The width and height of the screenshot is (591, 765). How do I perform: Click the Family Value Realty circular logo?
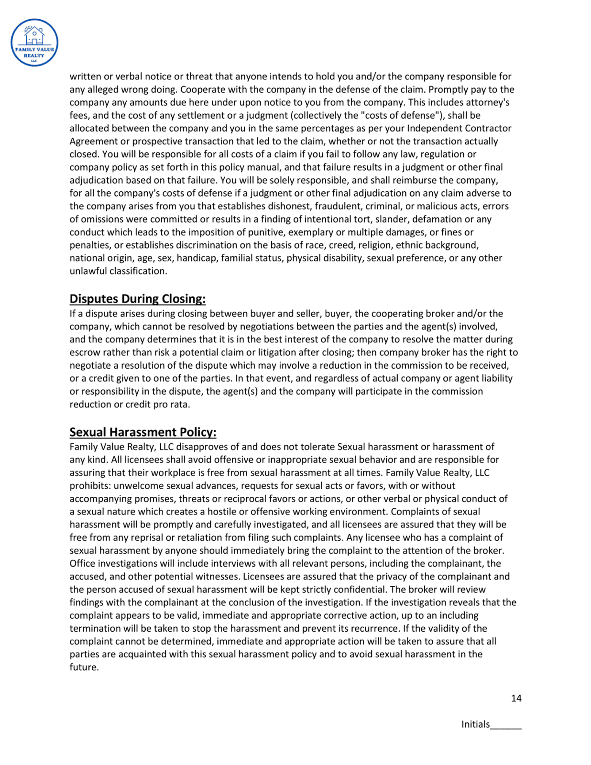34,43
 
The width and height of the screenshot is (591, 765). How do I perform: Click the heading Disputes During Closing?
137,299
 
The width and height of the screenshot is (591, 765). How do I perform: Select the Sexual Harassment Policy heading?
142,432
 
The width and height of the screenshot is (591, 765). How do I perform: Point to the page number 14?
516,699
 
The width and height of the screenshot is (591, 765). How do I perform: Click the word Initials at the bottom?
475,724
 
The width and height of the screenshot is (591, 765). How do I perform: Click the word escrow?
85,353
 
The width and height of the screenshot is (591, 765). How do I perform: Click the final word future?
84,667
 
